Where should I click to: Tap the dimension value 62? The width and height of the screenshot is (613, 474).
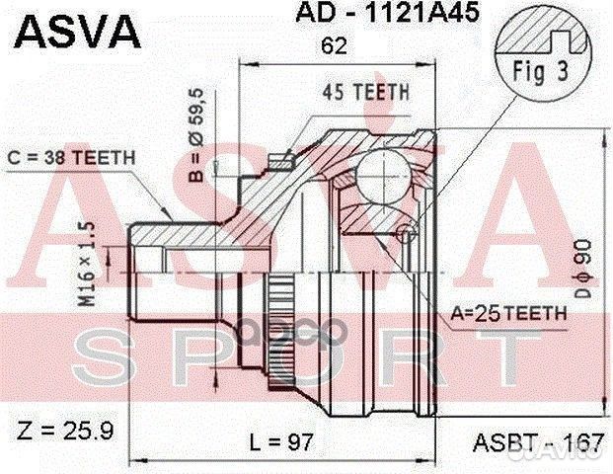333,44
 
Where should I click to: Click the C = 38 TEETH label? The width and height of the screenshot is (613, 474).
72,157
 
